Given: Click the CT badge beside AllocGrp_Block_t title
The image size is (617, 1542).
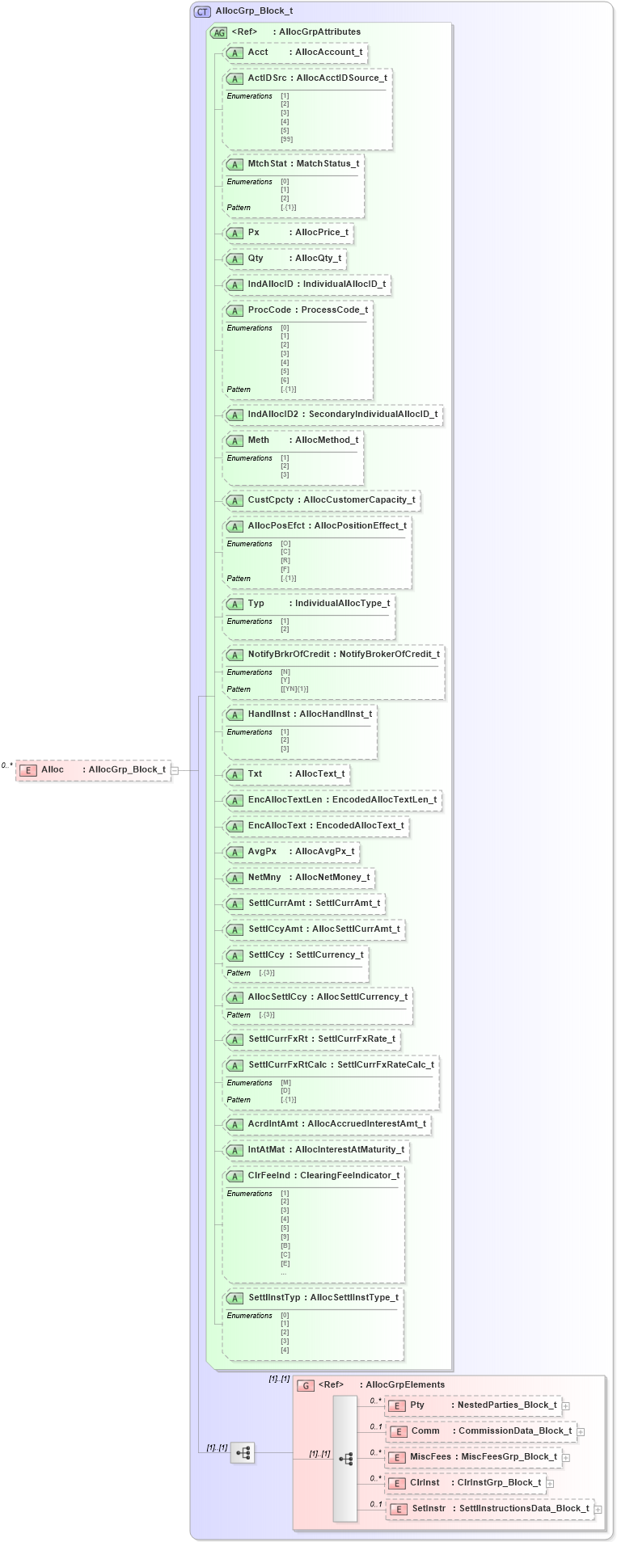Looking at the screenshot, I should (202, 11).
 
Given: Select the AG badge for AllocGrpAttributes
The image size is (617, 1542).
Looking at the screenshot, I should (218, 32).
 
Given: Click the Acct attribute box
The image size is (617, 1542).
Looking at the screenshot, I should (295, 53).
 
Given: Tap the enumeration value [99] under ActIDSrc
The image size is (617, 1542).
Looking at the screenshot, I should (286, 139).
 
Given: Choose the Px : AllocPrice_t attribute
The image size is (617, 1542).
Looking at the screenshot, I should (289, 233).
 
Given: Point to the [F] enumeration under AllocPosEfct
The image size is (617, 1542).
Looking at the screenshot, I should (285, 569).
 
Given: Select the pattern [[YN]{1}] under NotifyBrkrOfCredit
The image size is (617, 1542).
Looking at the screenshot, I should (294, 689).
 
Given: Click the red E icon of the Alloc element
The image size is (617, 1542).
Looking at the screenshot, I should (27, 770).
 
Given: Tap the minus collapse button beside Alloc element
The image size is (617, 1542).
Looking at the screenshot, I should (174, 770).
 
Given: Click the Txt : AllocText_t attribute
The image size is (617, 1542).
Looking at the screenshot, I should (286, 774).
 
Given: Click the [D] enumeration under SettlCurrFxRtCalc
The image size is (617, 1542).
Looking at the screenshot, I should (285, 1091).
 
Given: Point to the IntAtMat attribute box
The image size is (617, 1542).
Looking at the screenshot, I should (316, 1150).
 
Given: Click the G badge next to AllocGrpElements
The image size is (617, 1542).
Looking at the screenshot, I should (306, 1385).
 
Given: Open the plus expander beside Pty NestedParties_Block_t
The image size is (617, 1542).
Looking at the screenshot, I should (566, 1406).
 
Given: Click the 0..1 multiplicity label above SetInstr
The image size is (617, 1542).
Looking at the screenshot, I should (376, 1504).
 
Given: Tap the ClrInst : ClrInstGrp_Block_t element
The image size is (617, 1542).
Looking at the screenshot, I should (467, 1483).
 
